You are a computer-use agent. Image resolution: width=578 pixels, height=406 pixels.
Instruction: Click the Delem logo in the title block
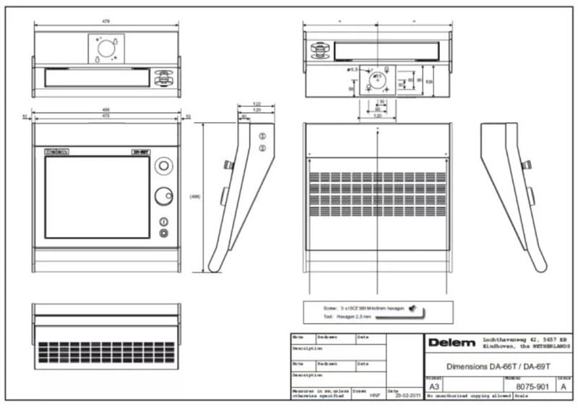452,342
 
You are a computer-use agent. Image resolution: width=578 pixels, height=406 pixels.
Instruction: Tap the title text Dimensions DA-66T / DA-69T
488,366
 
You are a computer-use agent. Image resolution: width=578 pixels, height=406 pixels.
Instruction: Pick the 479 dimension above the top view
105,22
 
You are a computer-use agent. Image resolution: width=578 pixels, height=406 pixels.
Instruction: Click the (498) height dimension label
194,196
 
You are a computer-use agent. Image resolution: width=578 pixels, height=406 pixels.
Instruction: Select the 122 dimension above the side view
256,104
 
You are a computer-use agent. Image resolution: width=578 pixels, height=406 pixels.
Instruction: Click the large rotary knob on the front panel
164,195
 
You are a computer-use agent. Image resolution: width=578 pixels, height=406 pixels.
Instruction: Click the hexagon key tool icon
415,309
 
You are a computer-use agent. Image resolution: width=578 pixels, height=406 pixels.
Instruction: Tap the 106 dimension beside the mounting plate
429,81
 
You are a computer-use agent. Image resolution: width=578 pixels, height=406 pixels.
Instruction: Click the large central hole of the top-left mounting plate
105,48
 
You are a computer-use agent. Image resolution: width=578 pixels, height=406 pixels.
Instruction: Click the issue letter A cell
564,386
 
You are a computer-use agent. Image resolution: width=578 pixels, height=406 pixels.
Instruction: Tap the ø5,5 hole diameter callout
353,69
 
